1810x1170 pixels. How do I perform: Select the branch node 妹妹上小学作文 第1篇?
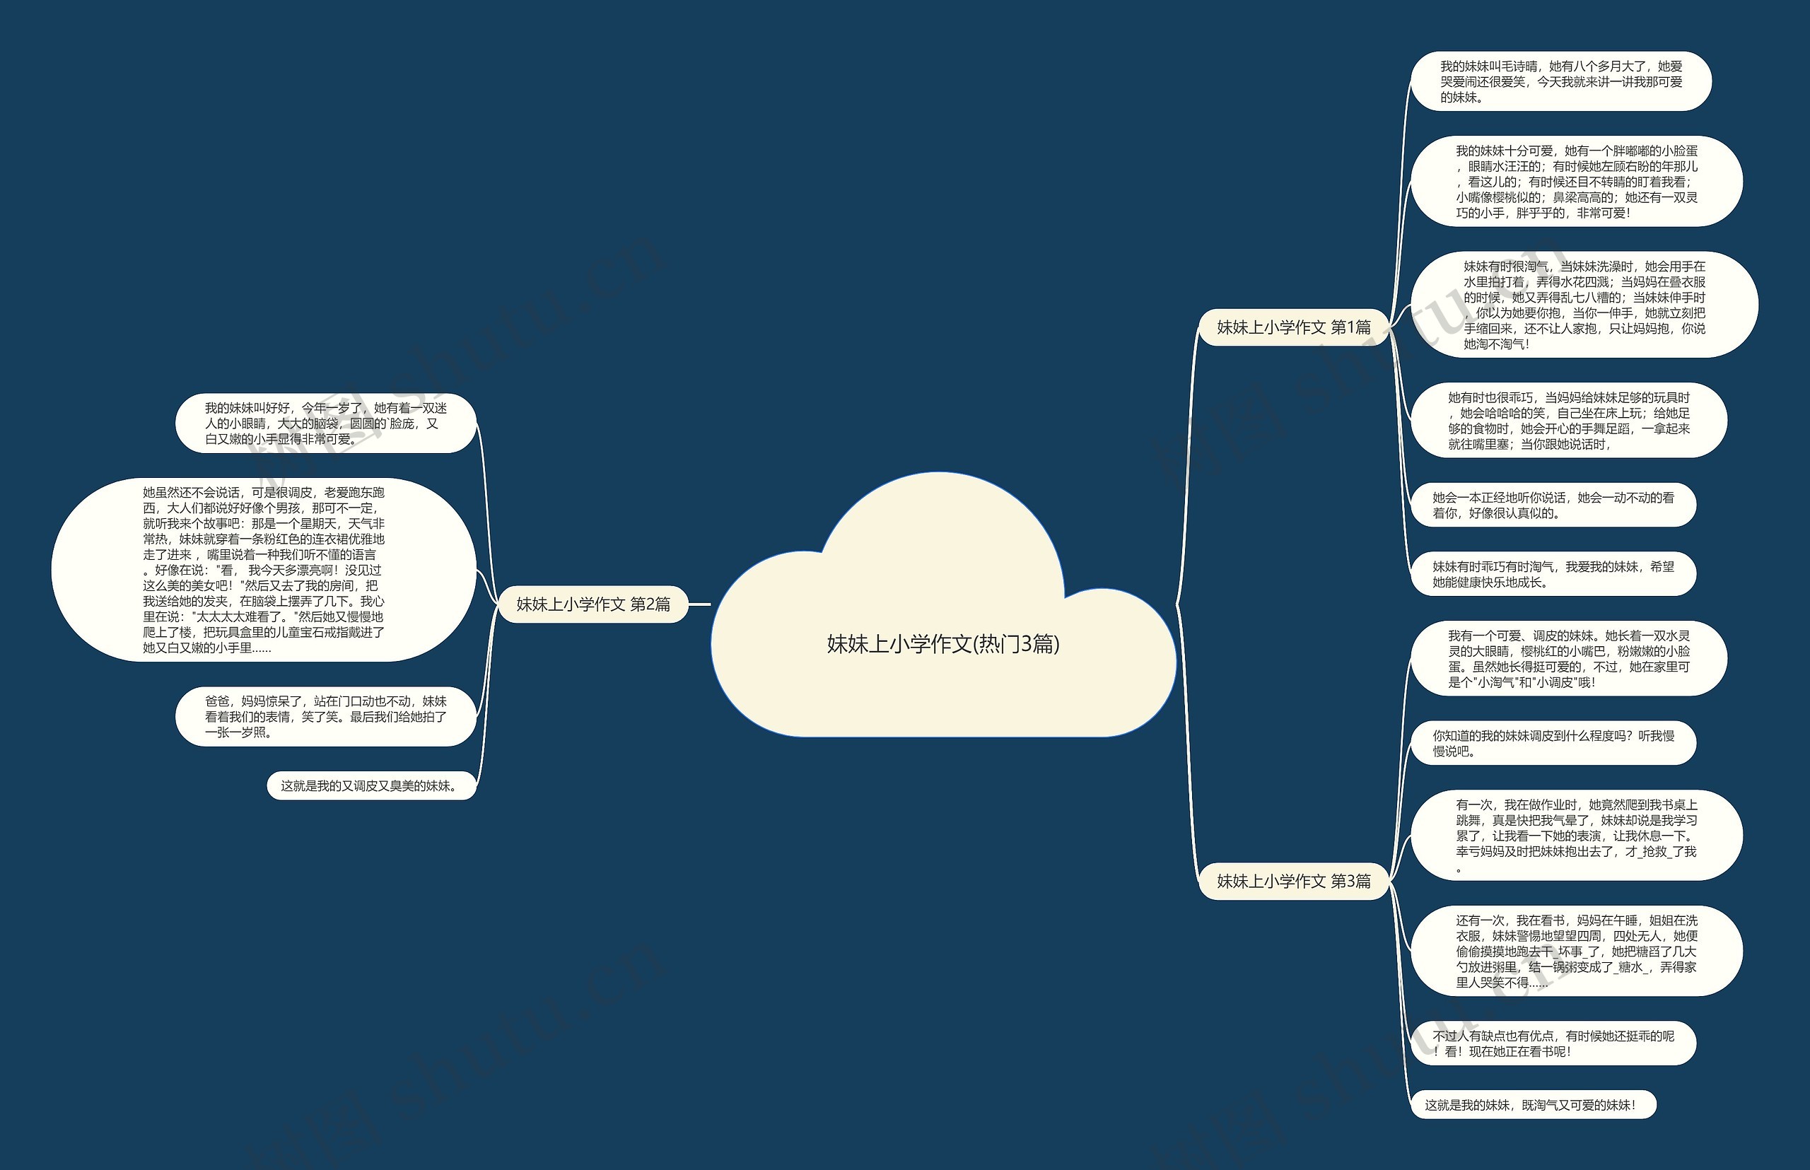[1294, 327]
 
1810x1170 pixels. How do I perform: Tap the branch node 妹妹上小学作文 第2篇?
[593, 604]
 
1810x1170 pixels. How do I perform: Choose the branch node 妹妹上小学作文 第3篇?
[1294, 881]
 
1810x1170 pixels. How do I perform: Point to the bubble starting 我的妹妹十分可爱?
[1577, 182]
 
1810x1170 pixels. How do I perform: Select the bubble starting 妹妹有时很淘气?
[1584, 305]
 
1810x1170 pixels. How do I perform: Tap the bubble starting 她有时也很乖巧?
[1568, 420]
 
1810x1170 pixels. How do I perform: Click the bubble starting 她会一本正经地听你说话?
[1553, 505]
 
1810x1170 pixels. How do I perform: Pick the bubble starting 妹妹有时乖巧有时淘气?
[1553, 574]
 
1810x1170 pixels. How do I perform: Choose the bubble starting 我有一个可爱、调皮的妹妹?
[1568, 659]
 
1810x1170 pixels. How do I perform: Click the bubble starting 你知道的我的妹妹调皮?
[1553, 743]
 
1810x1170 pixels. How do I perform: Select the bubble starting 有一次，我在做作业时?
[1577, 835]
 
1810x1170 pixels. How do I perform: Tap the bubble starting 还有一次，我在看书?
[1577, 950]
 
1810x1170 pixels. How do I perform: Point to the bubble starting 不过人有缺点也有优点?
[1553, 1043]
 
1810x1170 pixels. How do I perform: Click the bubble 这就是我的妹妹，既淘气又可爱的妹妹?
[1534, 1105]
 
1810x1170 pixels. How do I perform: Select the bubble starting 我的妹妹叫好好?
[326, 423]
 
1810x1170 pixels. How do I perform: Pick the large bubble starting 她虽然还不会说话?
[264, 570]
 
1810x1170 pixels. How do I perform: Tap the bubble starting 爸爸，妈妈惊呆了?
[326, 716]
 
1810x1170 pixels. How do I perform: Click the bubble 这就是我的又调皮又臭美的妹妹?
[373, 785]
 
